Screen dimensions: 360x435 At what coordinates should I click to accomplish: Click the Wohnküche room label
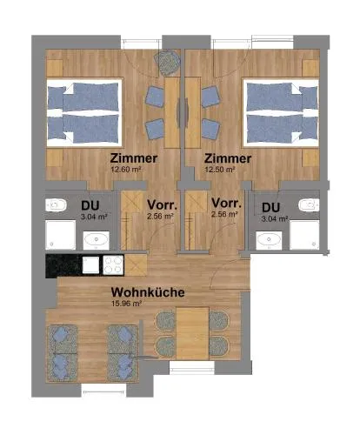(148, 292)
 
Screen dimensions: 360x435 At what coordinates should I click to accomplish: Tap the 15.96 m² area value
(126, 304)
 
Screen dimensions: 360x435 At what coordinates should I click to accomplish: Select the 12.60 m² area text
(126, 170)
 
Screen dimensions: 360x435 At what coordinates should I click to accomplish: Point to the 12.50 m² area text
(220, 170)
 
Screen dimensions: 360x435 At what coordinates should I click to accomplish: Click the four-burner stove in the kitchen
(113, 265)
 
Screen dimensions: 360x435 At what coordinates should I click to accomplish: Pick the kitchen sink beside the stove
(91, 265)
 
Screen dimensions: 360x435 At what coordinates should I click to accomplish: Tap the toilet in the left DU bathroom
(56, 205)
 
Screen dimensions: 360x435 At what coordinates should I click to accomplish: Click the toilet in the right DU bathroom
(309, 205)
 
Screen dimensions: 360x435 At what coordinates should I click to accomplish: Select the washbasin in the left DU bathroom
(97, 240)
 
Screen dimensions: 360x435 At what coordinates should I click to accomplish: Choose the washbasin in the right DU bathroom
(269, 240)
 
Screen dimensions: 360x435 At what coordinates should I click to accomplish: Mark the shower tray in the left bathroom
(61, 235)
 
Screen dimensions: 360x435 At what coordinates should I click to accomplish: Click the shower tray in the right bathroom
(304, 235)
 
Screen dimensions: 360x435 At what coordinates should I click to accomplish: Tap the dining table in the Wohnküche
(192, 334)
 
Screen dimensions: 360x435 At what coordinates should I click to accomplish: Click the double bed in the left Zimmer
(84, 112)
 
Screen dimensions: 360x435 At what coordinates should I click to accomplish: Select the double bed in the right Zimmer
(281, 112)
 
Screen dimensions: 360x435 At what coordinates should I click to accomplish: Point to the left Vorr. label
(162, 204)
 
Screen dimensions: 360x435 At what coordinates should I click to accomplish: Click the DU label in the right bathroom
(270, 208)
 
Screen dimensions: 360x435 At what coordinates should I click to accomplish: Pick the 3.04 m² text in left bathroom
(94, 217)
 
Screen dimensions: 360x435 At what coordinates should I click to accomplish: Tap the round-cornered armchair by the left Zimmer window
(167, 64)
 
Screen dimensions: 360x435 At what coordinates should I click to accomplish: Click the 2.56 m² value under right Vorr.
(224, 214)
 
